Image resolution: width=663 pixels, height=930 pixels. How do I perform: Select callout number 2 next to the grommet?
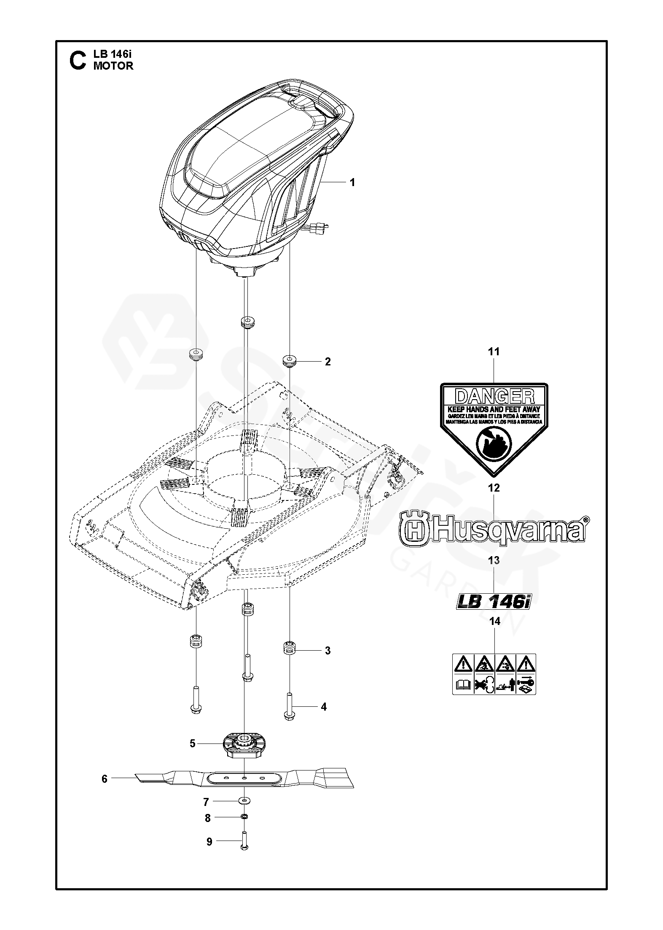(x=327, y=362)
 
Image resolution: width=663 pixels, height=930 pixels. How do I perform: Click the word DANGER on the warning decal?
(x=494, y=396)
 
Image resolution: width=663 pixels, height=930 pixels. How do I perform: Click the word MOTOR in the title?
(x=113, y=66)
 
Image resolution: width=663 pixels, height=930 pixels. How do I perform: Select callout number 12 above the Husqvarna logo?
(x=494, y=488)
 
